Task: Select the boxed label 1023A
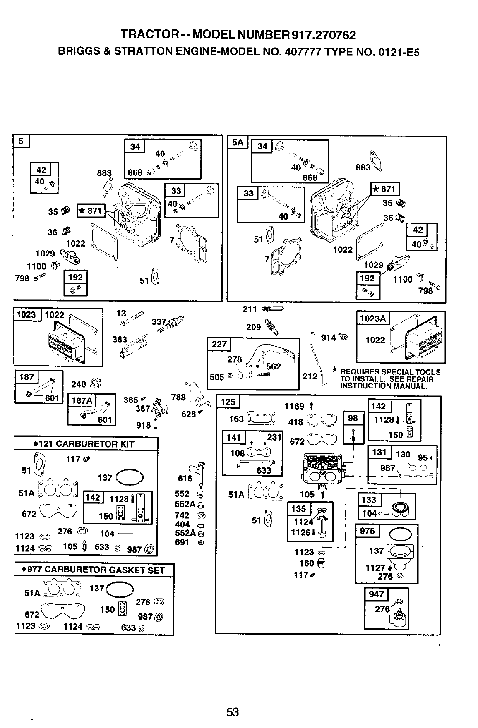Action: pyautogui.click(x=373, y=318)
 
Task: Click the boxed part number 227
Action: pyautogui.click(x=219, y=345)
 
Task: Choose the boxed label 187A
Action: pyautogui.click(x=82, y=401)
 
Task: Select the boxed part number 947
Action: pyautogui.click(x=376, y=595)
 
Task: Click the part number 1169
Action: pyautogui.click(x=294, y=407)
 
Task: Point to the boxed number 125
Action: pyautogui.click(x=228, y=402)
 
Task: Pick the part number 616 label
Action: pyautogui.click(x=185, y=479)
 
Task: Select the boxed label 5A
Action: pyautogui.click(x=238, y=143)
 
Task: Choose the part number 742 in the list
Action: pyautogui.click(x=183, y=515)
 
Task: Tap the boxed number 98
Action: pyautogui.click(x=353, y=418)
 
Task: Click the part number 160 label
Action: pyautogui.click(x=307, y=563)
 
